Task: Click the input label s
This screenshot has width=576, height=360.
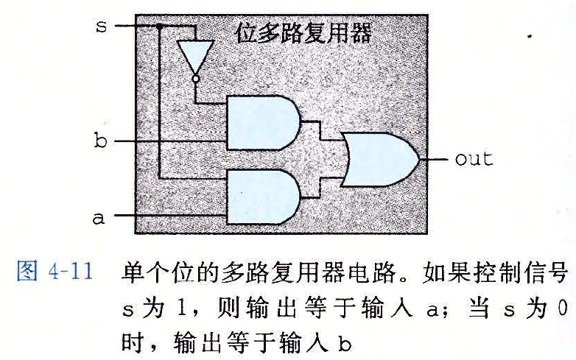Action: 102,26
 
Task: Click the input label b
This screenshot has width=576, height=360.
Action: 101,140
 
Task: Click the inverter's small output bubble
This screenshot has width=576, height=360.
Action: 195,78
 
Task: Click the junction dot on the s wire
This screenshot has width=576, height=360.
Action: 158,26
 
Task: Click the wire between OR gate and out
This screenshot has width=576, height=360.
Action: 433,159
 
